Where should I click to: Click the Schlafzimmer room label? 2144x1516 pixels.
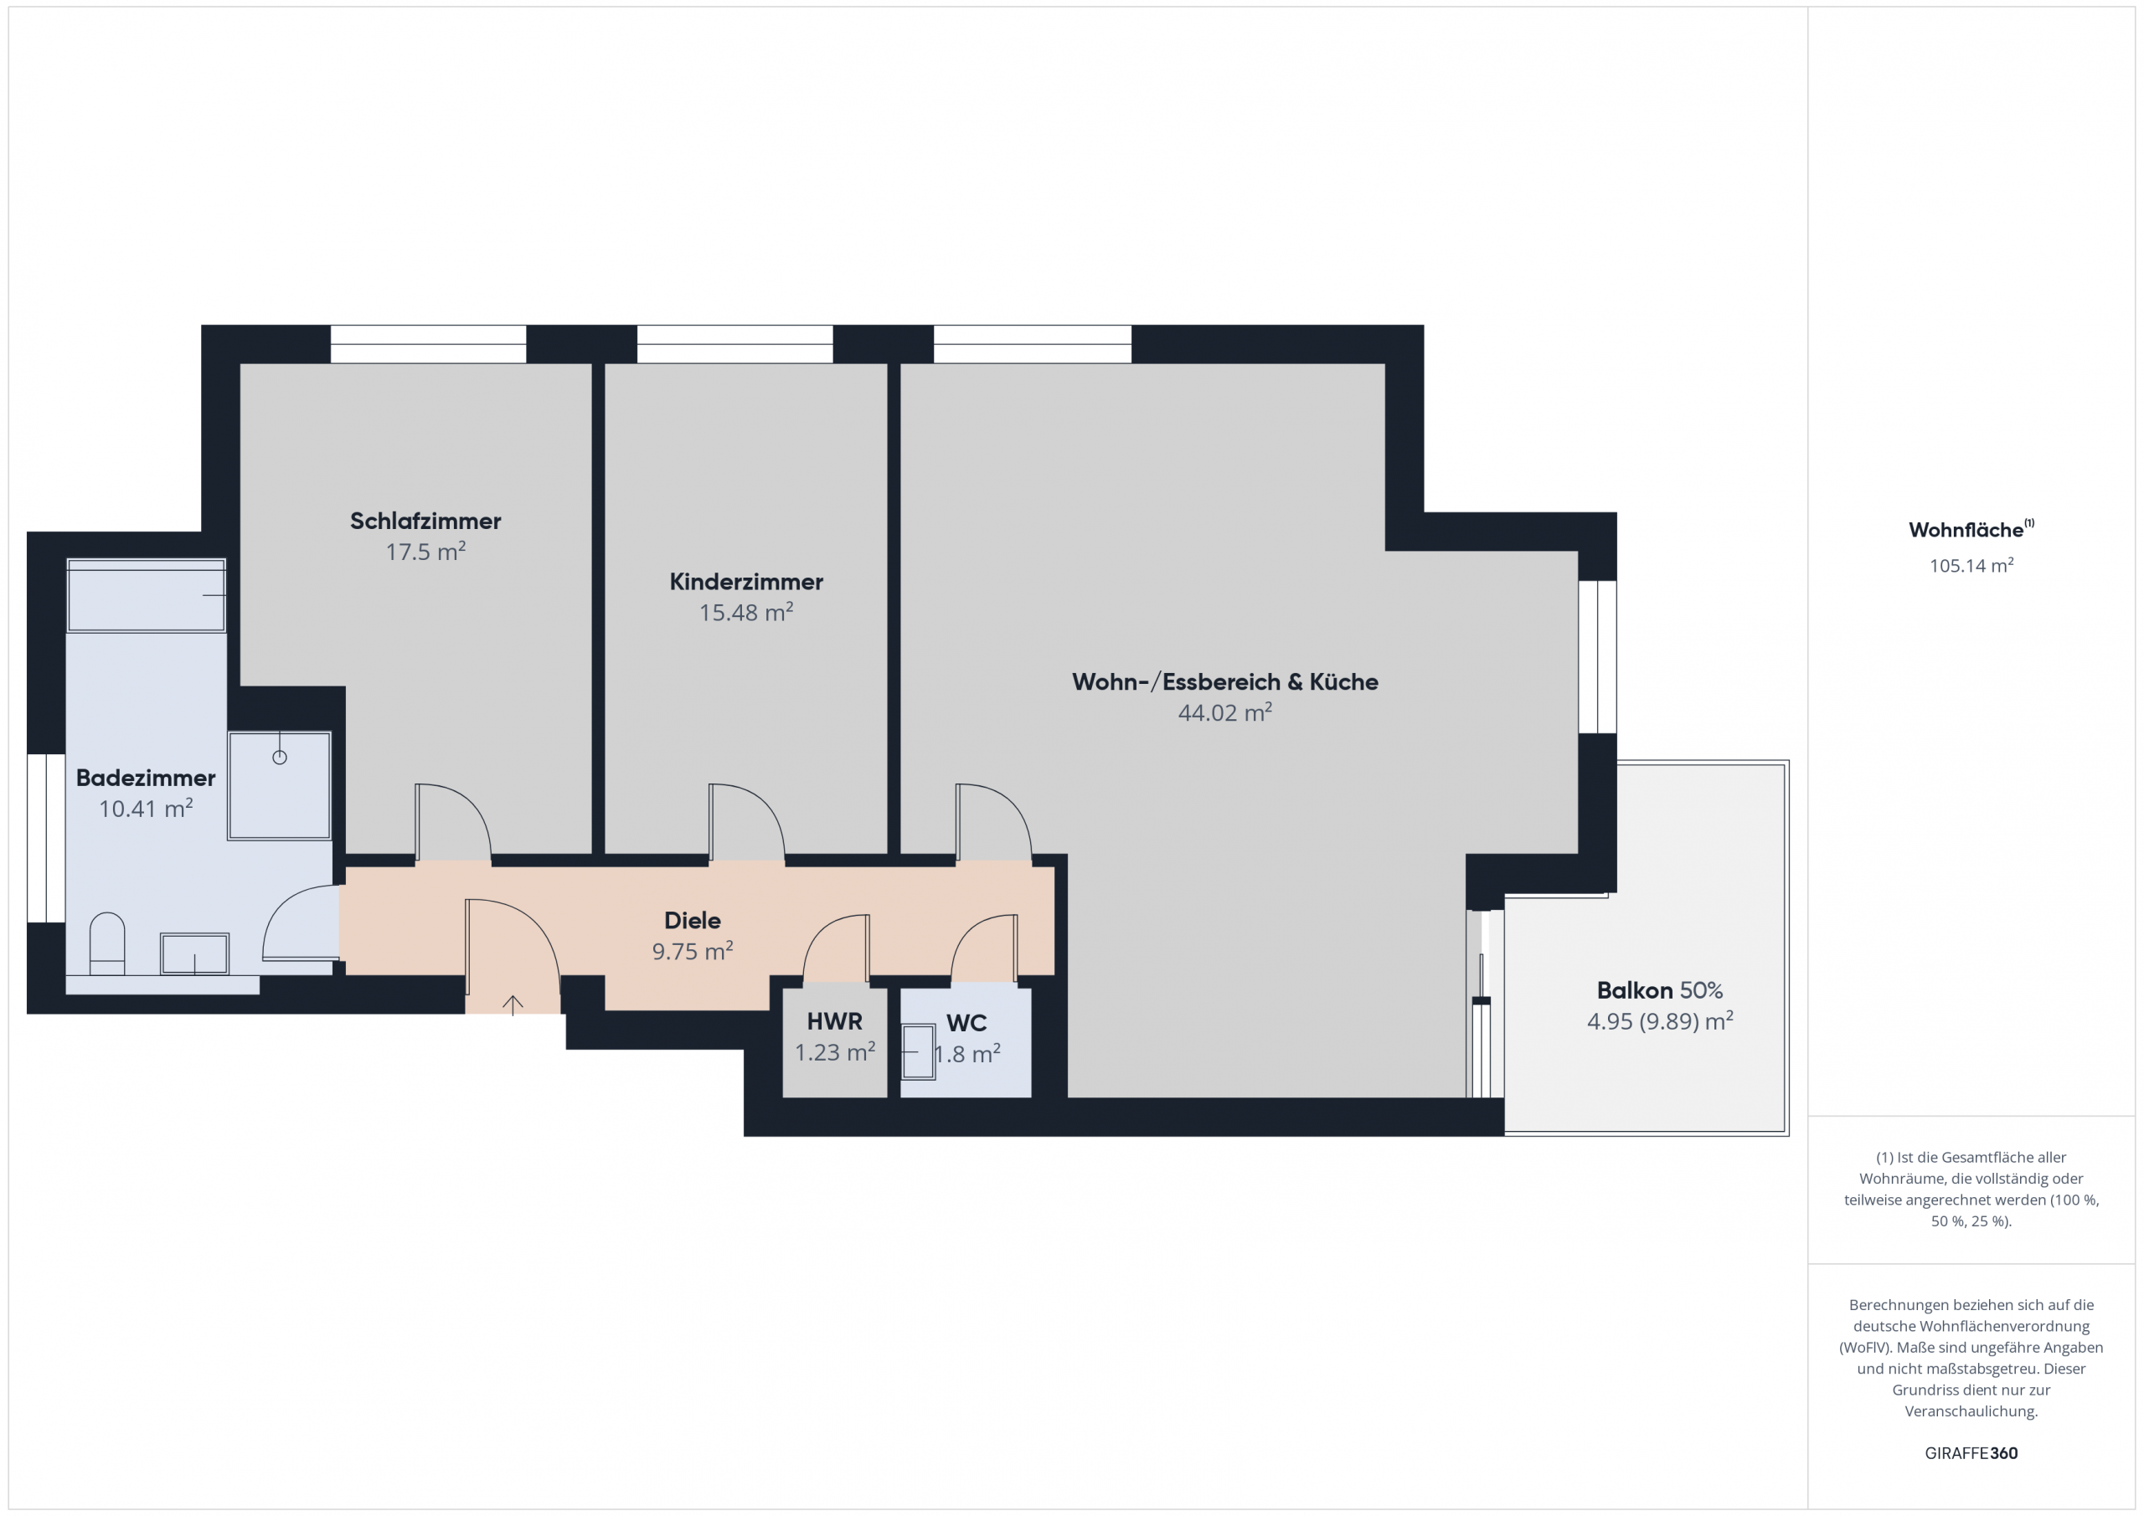click(425, 521)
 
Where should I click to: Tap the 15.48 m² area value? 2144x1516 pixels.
click(746, 613)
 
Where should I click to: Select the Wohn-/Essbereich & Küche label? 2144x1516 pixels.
click(1224, 681)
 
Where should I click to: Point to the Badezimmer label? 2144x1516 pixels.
click(146, 778)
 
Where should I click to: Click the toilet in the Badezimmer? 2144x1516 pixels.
click(107, 943)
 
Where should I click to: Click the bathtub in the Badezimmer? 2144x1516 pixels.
click(147, 595)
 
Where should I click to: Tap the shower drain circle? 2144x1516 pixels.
click(279, 757)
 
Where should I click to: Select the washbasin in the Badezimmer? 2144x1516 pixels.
click(194, 954)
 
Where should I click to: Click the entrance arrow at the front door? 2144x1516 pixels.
click(513, 1005)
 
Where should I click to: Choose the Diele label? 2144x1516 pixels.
click(692, 921)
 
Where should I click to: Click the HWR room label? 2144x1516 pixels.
click(835, 1021)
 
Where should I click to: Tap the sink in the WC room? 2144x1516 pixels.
click(918, 1052)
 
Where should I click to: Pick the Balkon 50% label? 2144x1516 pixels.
click(1659, 990)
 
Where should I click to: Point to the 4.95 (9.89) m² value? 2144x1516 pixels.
click(1659, 1021)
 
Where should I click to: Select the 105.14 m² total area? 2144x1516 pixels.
click(1971, 566)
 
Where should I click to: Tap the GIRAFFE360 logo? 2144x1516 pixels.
click(1971, 1453)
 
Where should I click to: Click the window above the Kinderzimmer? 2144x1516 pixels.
click(734, 343)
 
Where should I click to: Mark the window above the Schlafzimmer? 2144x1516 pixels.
click(429, 343)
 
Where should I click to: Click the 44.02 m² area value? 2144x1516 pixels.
click(1224, 713)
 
